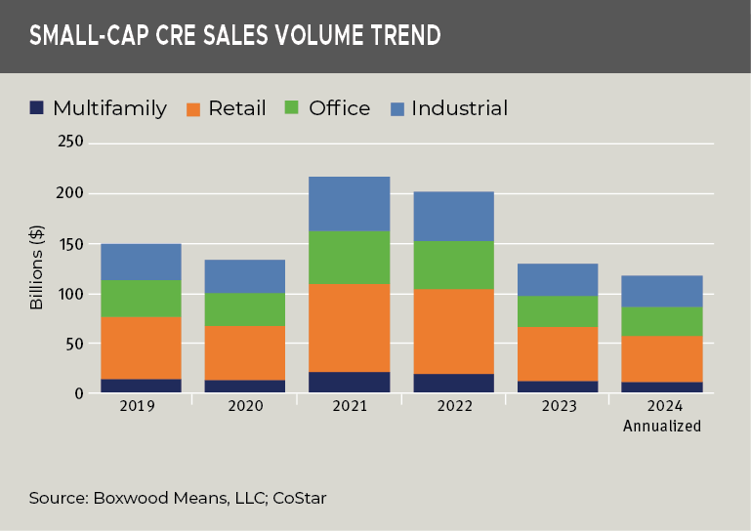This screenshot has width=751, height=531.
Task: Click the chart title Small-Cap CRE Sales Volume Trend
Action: (x=234, y=36)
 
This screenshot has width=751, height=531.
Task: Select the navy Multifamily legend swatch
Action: (x=37, y=107)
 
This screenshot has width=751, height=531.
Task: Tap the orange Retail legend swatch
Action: (x=192, y=107)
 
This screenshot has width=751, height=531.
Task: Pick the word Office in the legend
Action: (x=339, y=108)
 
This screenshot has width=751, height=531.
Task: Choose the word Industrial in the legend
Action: (x=459, y=108)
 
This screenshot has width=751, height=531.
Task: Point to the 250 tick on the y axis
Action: (x=72, y=143)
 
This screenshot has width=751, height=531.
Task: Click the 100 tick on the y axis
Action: (x=72, y=294)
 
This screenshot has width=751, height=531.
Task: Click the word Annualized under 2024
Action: (x=661, y=426)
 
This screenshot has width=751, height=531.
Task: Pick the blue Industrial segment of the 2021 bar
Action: (x=349, y=203)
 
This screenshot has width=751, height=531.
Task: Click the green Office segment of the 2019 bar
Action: (x=141, y=298)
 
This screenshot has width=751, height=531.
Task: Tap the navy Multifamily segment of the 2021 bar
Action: (x=349, y=383)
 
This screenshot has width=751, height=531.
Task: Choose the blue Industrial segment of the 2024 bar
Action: (x=661, y=291)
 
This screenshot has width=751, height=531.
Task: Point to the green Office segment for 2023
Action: (x=557, y=311)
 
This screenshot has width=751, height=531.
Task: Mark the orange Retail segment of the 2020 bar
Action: (x=244, y=352)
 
